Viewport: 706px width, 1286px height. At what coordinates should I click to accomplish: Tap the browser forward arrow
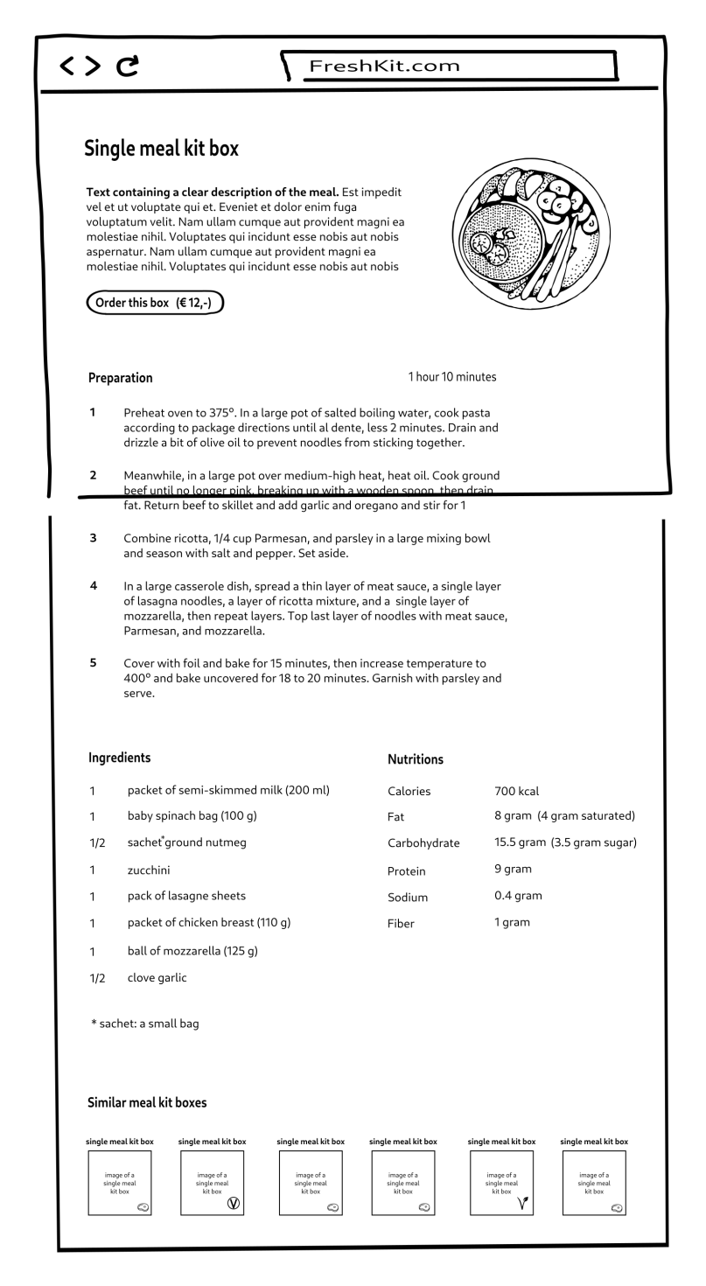93,66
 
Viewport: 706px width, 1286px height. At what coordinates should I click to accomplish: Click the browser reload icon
128,65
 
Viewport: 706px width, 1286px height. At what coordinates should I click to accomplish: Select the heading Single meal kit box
161,149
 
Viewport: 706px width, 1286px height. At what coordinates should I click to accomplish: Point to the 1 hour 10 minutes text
451,377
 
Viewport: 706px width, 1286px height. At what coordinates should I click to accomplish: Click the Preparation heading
120,378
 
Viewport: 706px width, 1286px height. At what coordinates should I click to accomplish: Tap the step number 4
93,586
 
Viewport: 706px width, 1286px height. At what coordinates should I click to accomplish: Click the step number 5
93,663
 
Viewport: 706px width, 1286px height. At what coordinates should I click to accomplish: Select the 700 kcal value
516,791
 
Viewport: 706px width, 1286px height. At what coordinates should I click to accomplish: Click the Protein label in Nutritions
406,871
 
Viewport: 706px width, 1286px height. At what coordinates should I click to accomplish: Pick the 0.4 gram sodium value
518,896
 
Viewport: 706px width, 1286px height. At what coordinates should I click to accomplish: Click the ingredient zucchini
149,870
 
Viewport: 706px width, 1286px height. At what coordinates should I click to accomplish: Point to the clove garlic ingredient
157,977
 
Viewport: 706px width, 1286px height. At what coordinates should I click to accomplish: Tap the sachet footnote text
144,1023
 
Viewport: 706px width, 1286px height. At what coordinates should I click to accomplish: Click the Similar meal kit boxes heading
147,1102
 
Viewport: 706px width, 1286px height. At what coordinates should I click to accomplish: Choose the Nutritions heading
415,759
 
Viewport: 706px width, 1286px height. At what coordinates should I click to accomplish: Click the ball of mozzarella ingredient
192,950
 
